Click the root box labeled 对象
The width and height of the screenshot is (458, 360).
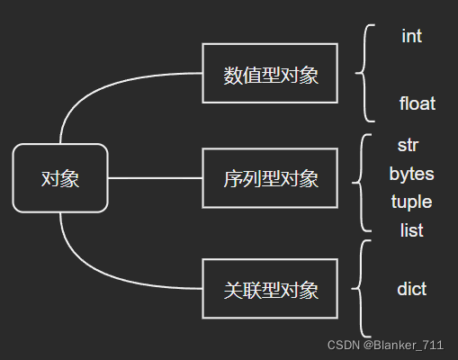60,178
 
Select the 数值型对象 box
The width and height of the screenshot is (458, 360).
270,74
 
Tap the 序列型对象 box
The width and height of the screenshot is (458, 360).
270,178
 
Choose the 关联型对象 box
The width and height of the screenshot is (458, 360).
270,289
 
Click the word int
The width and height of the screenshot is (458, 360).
411,36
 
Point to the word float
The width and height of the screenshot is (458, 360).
418,103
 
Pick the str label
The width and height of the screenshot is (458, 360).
408,145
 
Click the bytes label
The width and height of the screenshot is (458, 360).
411,174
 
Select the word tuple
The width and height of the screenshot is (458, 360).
411,202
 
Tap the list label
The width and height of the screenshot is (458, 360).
411,230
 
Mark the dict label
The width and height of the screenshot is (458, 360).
411,289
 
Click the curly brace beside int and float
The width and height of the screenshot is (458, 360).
364,73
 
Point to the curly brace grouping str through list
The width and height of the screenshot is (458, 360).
360,183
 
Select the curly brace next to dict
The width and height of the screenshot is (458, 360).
360,289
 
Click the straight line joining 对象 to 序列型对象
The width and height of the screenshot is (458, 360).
155,178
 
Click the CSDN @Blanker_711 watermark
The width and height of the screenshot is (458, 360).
385,345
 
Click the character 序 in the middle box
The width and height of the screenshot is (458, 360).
233,179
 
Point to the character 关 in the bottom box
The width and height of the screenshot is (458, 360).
233,290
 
